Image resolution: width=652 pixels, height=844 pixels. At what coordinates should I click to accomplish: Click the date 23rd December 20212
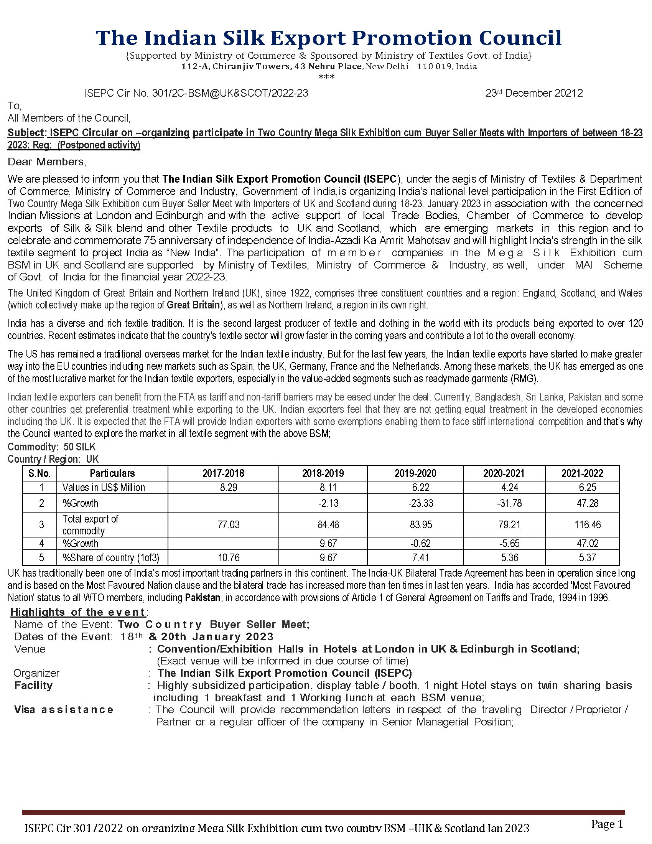pyautogui.click(x=534, y=93)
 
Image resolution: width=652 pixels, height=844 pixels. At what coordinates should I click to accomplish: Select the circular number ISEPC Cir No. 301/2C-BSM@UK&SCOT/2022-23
pyautogui.click(x=196, y=93)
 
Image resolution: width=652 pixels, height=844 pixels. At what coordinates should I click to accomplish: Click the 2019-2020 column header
pyautogui.click(x=415, y=473)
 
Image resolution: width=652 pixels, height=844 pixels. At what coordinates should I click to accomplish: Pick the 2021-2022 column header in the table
pyautogui.click(x=582, y=473)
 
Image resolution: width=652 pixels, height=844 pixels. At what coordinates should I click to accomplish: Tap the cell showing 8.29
pyautogui.click(x=229, y=487)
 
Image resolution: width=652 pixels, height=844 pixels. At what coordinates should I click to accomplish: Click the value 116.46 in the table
pyautogui.click(x=587, y=524)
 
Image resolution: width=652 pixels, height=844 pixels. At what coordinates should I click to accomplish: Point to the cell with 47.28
pyautogui.click(x=587, y=503)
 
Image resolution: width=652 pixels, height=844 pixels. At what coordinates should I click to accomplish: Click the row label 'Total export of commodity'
pyautogui.click(x=91, y=524)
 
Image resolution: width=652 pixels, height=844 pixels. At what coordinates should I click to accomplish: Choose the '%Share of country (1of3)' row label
pyautogui.click(x=111, y=558)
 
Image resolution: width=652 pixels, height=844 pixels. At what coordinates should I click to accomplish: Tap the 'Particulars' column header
pyautogui.click(x=112, y=473)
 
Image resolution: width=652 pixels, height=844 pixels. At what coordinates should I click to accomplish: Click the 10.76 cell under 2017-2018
pyautogui.click(x=229, y=558)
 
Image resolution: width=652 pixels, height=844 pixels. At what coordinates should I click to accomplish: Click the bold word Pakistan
pyautogui.click(x=203, y=598)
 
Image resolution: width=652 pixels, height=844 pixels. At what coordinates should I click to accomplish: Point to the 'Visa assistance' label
pyautogui.click(x=64, y=709)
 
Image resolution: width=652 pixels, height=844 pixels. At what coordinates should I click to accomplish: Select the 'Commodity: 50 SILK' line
pyautogui.click(x=52, y=447)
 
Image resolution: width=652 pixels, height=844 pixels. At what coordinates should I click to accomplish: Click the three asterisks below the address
pyautogui.click(x=326, y=77)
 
